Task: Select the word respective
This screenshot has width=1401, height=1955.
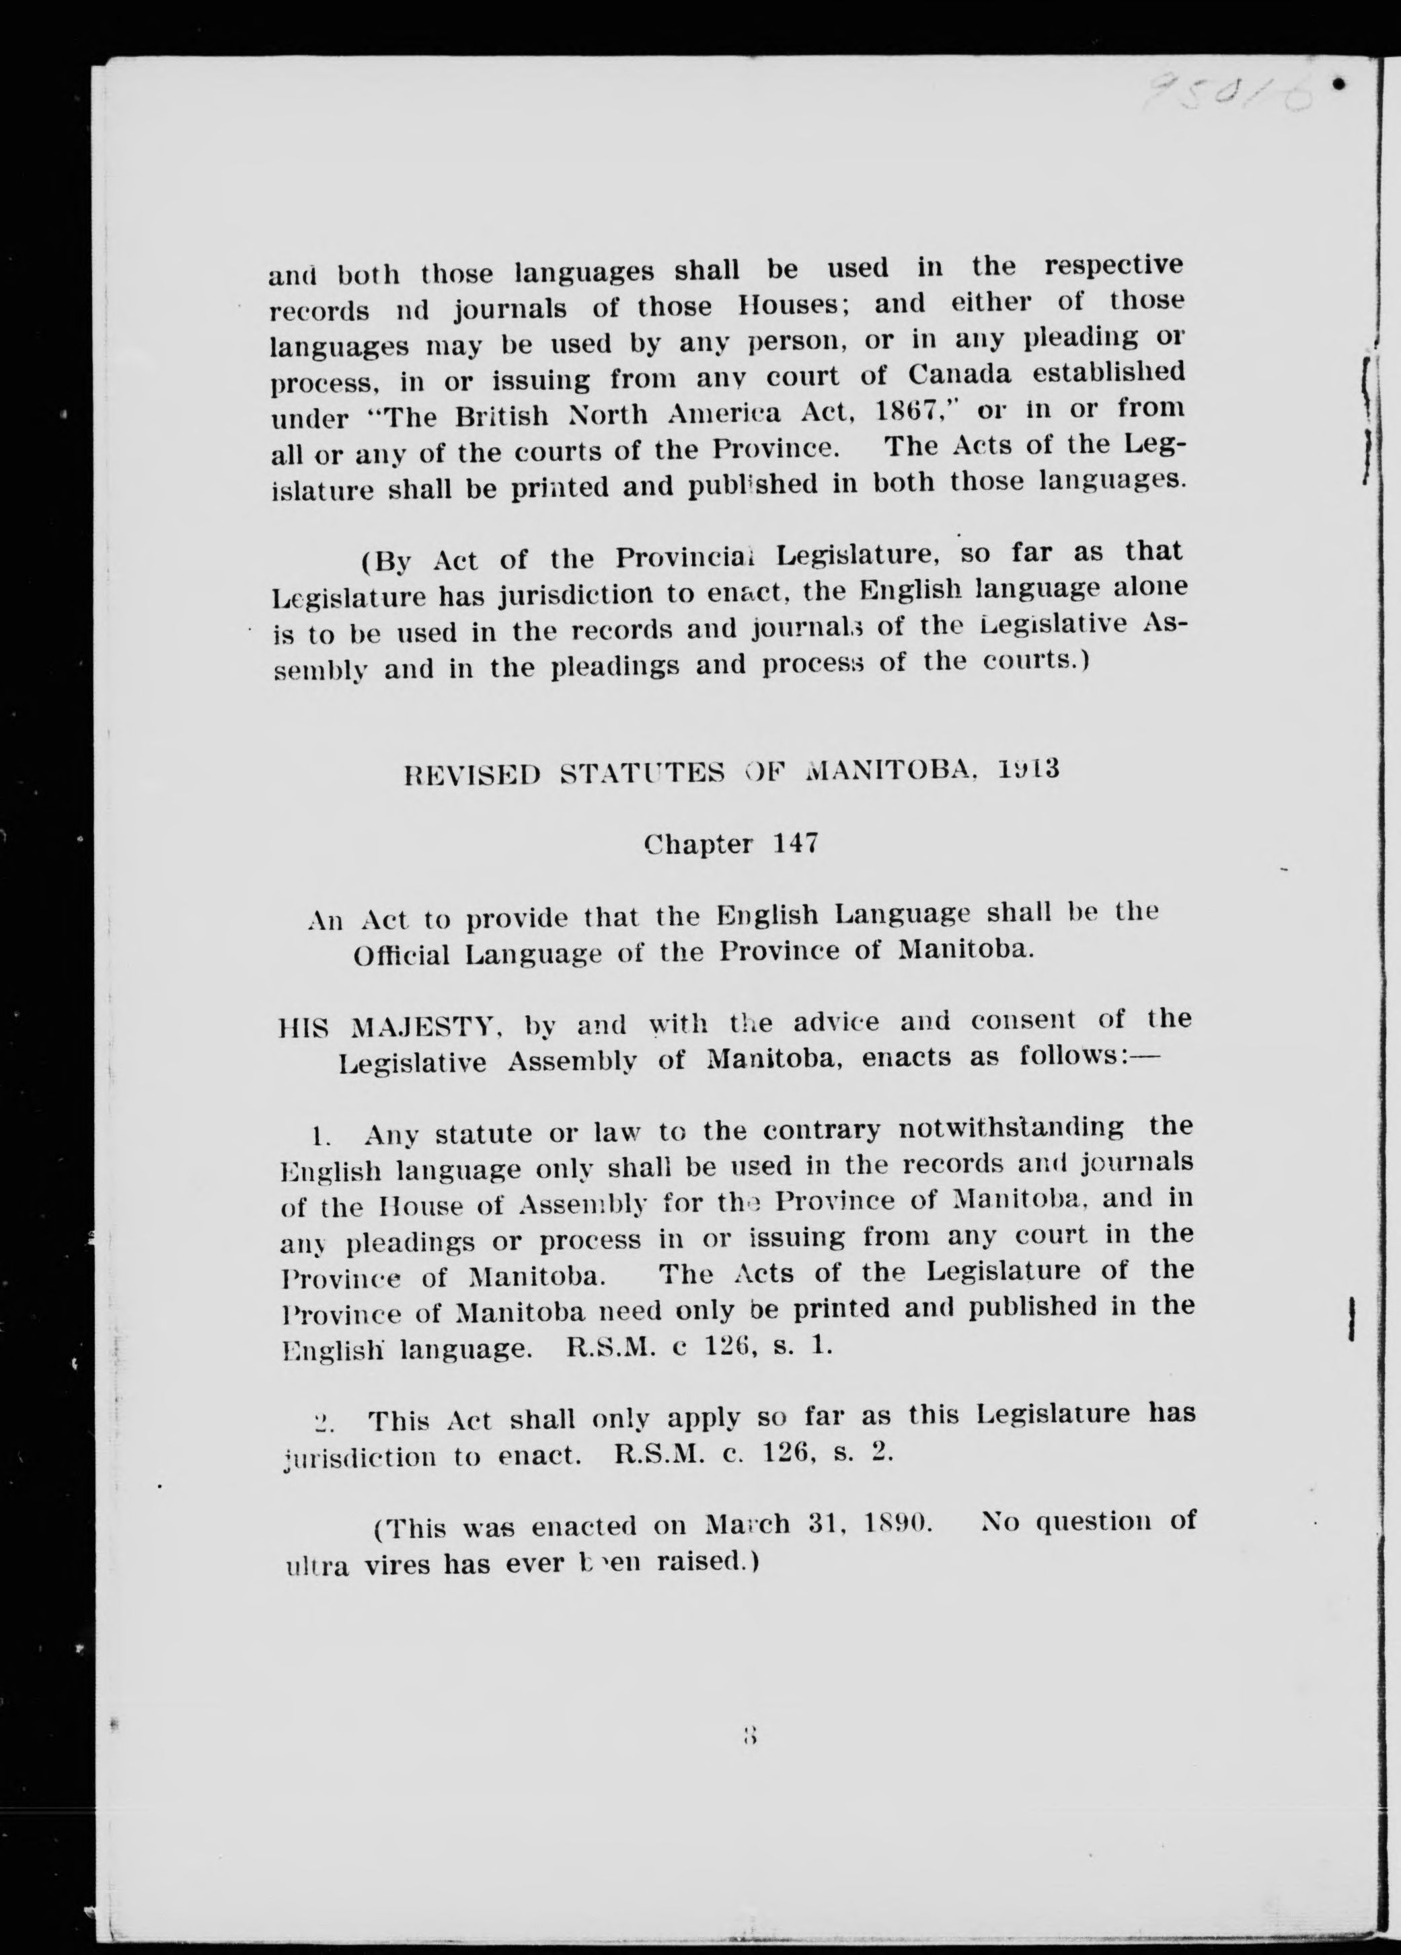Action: pos(1113,266)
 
